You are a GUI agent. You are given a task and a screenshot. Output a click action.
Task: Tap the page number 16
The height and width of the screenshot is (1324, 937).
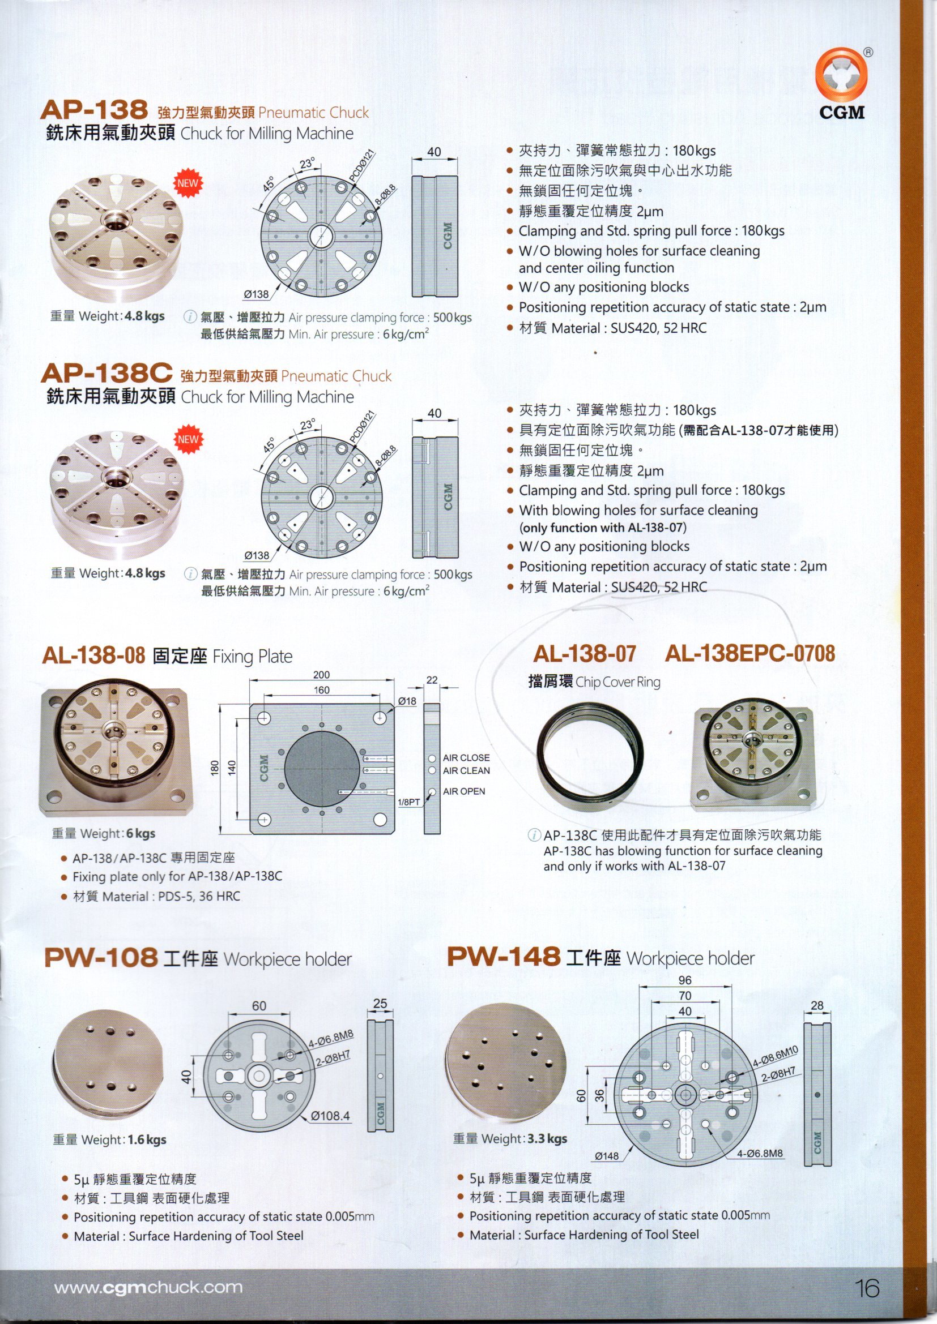pos(868,1288)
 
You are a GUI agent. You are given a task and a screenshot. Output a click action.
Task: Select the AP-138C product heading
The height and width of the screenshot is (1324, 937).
pos(107,375)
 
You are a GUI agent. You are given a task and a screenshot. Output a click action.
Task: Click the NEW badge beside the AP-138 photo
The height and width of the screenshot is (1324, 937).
pos(188,184)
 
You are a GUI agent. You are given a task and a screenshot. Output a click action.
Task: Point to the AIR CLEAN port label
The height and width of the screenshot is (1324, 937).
pos(466,770)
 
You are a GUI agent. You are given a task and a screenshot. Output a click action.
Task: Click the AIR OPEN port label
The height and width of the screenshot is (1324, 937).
pos(464,791)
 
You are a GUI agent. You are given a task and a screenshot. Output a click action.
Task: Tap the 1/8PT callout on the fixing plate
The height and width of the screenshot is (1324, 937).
pos(408,802)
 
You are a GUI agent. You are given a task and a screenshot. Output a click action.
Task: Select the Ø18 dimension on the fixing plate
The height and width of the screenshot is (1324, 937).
pos(407,701)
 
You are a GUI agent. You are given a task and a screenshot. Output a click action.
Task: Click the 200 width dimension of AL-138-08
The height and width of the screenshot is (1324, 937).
pos(321,675)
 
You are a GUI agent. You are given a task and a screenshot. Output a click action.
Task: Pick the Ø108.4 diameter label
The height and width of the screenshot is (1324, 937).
pos(330,1116)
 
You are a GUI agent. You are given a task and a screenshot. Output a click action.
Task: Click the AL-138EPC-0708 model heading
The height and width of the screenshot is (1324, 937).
pos(749,653)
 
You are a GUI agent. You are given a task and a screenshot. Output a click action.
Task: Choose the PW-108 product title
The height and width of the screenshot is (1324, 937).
pos(100,958)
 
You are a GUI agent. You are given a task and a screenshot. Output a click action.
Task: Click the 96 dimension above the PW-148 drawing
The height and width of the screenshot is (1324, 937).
pos(685,980)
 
